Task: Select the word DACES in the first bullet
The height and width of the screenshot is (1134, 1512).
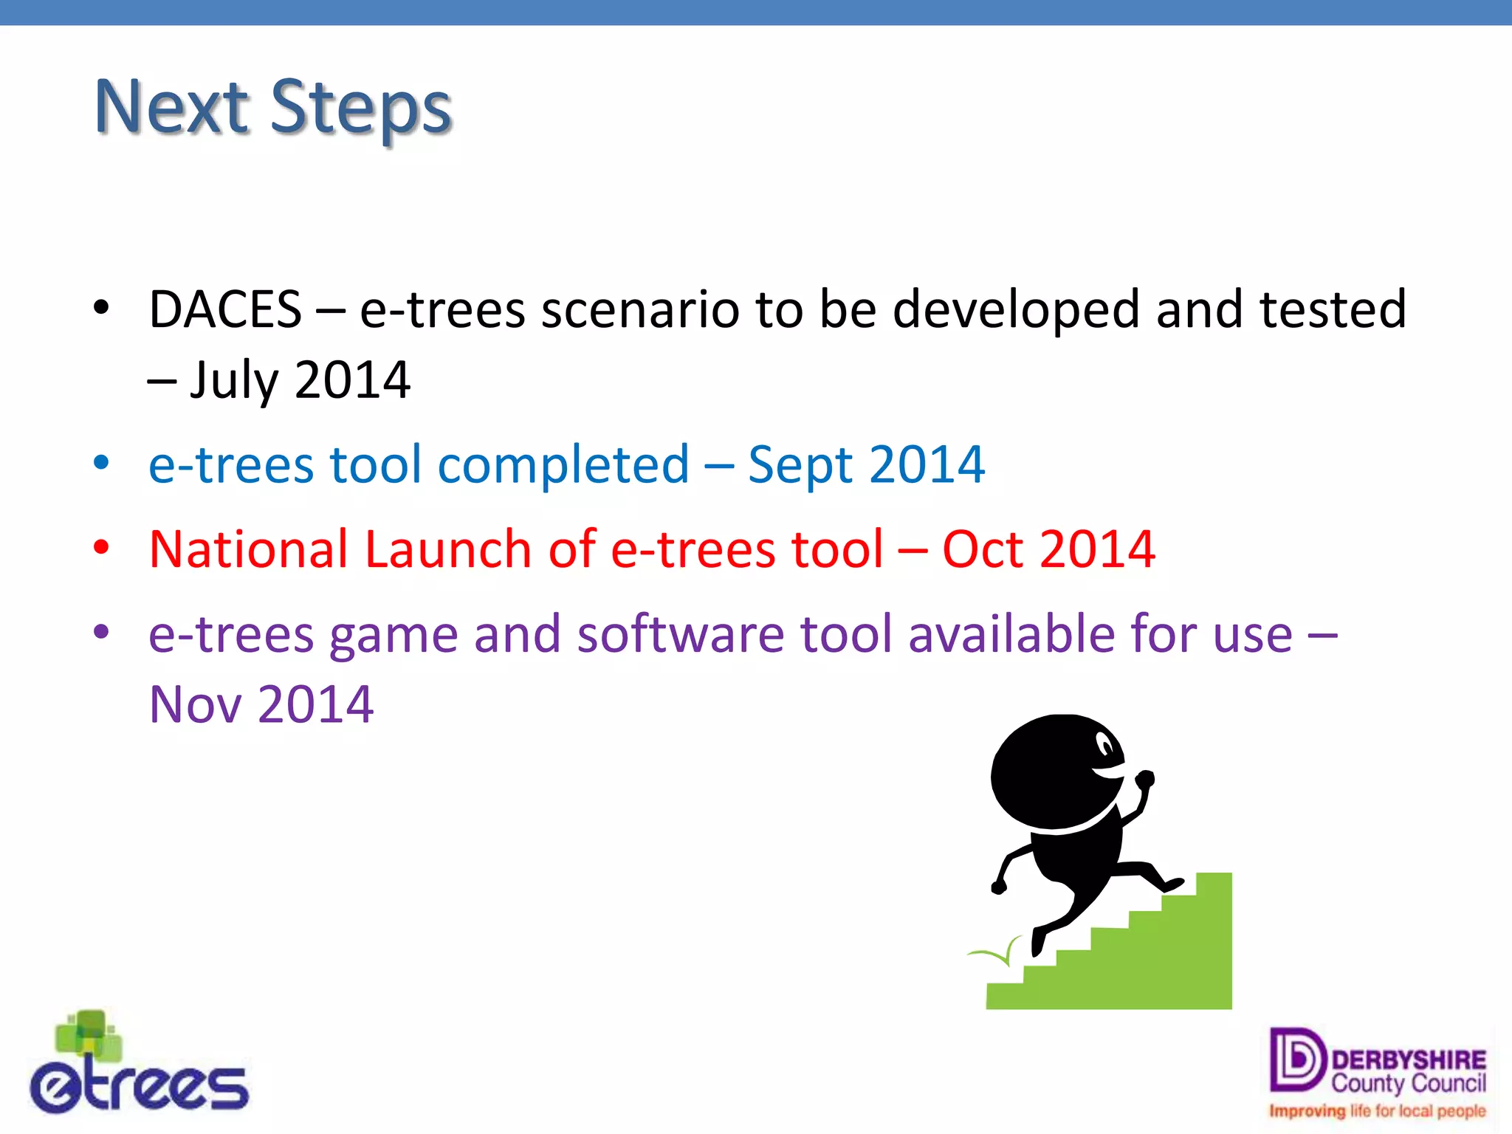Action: pos(225,310)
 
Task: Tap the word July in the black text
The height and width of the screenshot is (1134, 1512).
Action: pos(233,381)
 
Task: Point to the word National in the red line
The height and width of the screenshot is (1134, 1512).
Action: pos(248,550)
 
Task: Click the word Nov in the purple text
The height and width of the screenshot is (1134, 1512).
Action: pos(195,705)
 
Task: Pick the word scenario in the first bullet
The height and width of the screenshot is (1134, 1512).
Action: pos(640,310)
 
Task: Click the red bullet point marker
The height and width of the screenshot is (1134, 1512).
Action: pos(102,548)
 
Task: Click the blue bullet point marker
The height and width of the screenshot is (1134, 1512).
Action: pos(102,464)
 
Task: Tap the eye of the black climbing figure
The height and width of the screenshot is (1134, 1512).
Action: pos(1105,745)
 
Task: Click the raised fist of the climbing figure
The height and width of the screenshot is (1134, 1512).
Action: pos(1145,778)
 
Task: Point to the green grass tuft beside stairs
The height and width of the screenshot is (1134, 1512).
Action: pos(997,954)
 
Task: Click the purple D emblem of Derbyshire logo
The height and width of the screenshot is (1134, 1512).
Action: pos(1296,1059)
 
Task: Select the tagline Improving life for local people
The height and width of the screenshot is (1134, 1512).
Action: pos(1377,1111)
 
